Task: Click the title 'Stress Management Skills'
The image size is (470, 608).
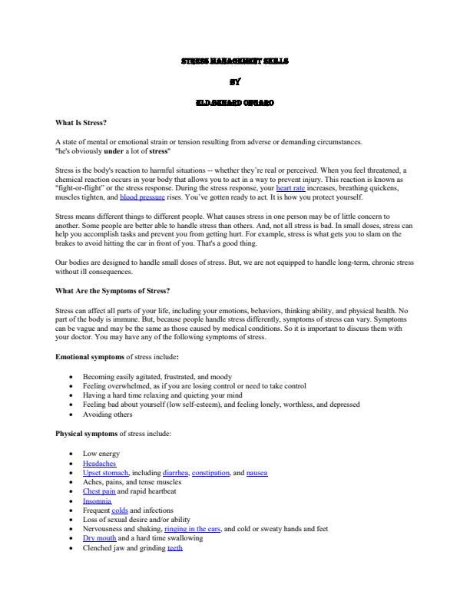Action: (235, 60)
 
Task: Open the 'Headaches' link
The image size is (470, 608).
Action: (99, 464)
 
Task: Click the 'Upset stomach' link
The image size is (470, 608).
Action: (106, 473)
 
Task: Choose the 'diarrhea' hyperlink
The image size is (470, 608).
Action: (176, 473)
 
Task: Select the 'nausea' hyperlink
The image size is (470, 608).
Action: (257, 473)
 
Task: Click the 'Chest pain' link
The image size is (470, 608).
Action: (99, 491)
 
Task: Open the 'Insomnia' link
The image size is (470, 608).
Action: (97, 501)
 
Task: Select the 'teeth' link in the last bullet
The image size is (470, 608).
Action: (175, 548)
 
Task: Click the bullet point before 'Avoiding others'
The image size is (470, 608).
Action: (71, 415)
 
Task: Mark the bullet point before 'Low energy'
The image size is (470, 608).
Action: (71, 454)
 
